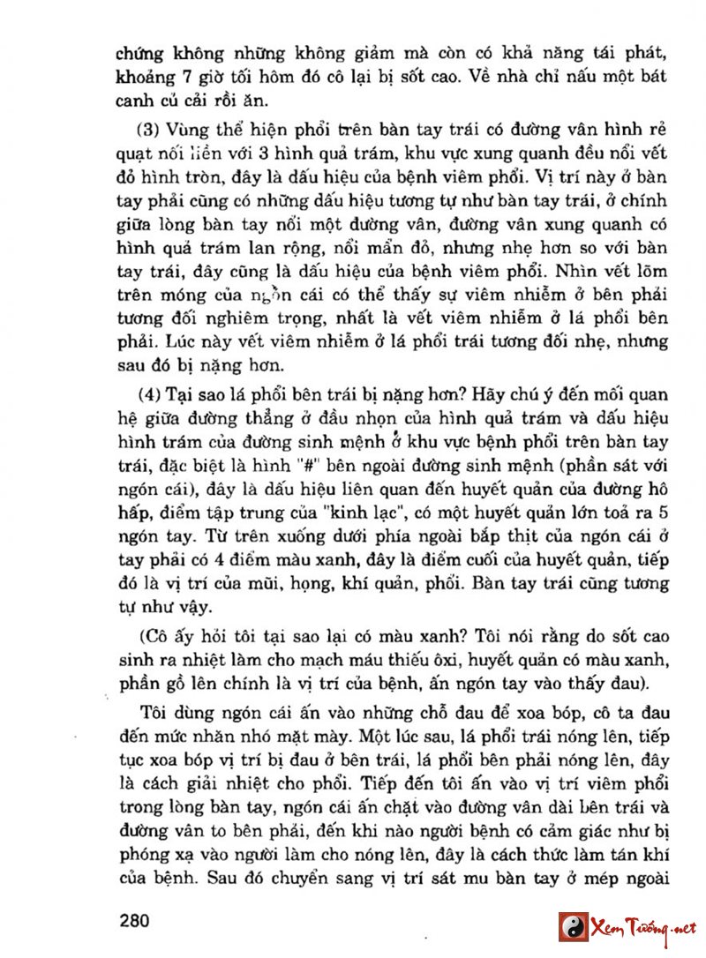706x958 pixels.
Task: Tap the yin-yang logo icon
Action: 573,927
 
